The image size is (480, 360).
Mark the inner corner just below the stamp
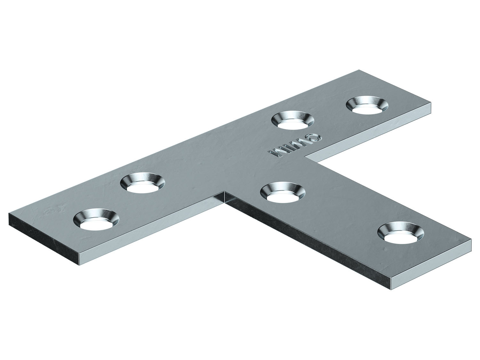pyautogui.click(x=306, y=156)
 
